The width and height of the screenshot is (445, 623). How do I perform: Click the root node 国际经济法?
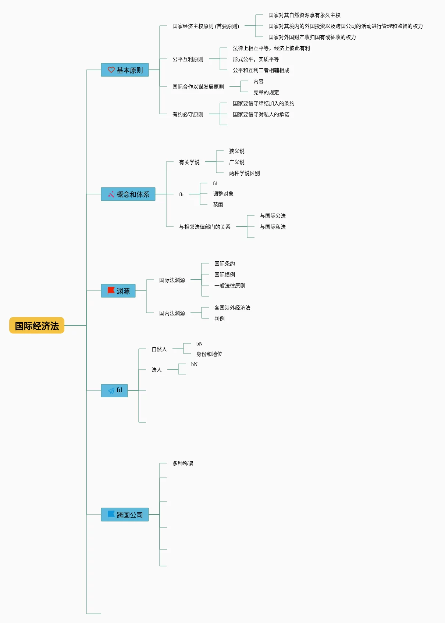(37, 325)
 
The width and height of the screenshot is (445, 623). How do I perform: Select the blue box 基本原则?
(125, 70)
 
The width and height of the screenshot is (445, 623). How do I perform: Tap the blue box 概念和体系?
(128, 194)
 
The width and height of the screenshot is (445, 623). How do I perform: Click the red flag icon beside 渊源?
(111, 290)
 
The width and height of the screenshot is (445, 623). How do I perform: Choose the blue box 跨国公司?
(125, 515)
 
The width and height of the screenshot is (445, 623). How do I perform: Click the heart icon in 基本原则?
(111, 70)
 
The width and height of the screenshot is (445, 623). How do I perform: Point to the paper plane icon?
(111, 390)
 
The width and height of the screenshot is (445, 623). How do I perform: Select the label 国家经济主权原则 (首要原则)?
(206, 26)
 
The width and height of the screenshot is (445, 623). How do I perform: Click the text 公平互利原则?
(188, 59)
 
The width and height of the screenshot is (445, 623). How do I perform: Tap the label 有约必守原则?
(188, 114)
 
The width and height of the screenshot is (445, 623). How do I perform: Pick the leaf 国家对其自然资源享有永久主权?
(304, 15)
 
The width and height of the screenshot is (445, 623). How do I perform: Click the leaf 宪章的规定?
(266, 92)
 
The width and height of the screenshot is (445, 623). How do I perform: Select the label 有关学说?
(189, 162)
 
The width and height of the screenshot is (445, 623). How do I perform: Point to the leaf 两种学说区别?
(244, 173)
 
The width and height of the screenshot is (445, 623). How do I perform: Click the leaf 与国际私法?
(273, 227)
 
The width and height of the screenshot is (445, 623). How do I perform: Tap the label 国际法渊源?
(172, 280)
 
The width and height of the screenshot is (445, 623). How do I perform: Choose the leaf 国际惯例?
(225, 275)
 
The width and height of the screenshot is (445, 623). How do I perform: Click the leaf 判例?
(219, 319)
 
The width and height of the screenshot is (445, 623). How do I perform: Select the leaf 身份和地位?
(209, 354)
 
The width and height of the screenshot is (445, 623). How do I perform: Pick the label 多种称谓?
(182, 463)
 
